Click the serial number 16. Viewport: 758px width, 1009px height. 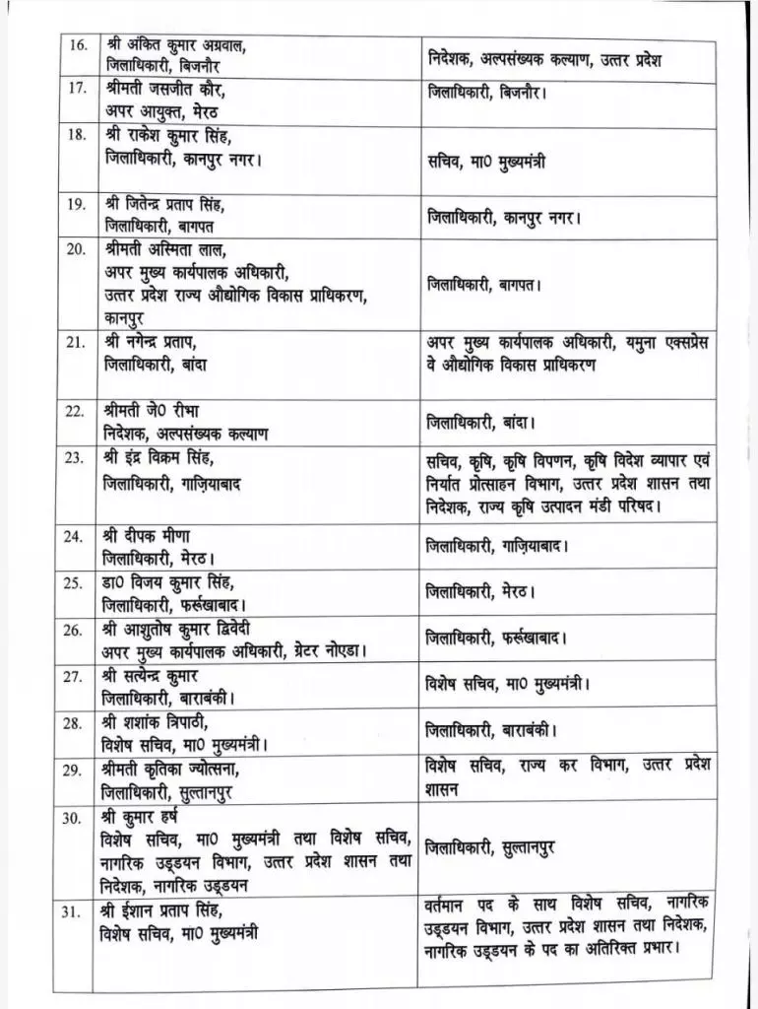point(74,45)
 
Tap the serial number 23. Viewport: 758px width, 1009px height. point(74,460)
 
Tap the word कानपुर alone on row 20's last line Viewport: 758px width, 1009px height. point(129,318)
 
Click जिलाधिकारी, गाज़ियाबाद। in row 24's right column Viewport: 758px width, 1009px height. point(497,544)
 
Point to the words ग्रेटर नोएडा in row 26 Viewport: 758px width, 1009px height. point(329,650)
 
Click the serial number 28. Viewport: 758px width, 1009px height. point(74,724)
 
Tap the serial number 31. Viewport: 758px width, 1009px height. point(74,908)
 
